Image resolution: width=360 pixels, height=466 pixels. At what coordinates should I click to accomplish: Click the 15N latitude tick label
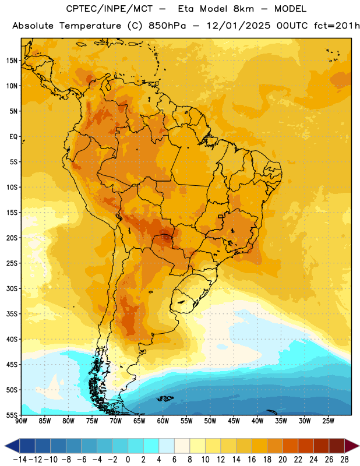(12, 61)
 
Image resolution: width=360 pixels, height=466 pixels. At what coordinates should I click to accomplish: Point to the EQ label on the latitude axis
(13, 137)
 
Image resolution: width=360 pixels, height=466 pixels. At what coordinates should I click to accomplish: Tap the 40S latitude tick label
(12, 339)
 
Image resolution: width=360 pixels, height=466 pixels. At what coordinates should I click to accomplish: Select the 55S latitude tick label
(12, 415)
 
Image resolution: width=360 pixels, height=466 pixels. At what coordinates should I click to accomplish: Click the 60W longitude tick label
(163, 421)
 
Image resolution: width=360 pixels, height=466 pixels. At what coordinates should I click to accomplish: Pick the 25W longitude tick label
(328, 421)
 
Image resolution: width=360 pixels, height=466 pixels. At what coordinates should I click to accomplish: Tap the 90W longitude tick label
(22, 421)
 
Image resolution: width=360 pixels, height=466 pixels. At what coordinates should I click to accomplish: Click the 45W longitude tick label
(234, 421)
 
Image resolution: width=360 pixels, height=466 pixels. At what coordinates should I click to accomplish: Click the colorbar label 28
(344, 460)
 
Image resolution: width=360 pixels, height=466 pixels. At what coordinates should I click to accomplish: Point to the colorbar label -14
(20, 460)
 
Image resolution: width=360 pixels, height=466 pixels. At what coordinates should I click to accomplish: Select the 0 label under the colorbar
(128, 460)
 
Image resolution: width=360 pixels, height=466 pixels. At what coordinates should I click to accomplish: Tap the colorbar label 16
(252, 460)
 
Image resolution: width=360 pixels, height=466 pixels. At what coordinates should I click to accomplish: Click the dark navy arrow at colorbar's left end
(12, 446)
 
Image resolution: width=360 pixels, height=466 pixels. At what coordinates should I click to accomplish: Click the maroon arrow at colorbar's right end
(352, 446)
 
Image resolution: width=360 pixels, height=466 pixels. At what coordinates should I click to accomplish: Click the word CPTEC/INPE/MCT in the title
(110, 9)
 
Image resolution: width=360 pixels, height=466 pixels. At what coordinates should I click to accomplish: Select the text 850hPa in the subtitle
(167, 26)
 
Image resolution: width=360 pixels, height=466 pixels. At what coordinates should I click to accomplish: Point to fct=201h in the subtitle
(337, 26)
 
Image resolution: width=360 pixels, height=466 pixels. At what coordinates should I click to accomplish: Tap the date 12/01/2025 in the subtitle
(238, 26)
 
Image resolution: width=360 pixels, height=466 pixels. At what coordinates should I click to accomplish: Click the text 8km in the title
(243, 9)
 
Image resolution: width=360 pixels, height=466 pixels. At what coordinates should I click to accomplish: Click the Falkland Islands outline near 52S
(165, 398)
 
